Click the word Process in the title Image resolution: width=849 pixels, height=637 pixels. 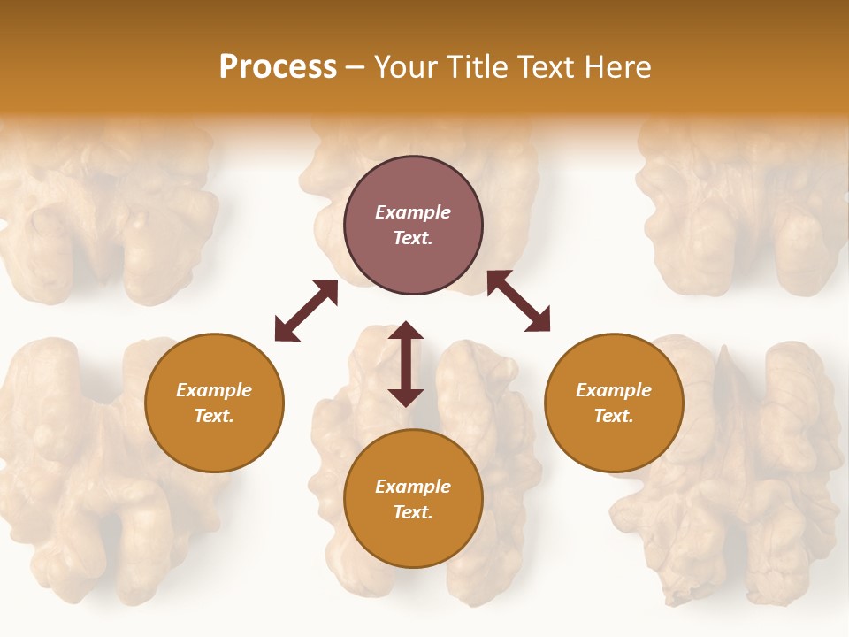tap(278, 67)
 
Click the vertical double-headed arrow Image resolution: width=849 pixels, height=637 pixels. tap(406, 364)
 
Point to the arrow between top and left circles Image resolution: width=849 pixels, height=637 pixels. tap(306, 311)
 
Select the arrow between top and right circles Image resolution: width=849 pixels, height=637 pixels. tap(518, 301)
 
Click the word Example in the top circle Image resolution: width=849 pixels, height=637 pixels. tap(413, 212)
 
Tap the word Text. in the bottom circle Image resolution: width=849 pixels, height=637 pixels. tap(413, 512)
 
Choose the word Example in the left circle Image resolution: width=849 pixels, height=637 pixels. tap(214, 390)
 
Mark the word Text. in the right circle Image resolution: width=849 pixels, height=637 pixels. tap(614, 416)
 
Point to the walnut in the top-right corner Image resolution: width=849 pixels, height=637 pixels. tap(743, 212)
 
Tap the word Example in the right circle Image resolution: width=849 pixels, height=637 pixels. tap(614, 390)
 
